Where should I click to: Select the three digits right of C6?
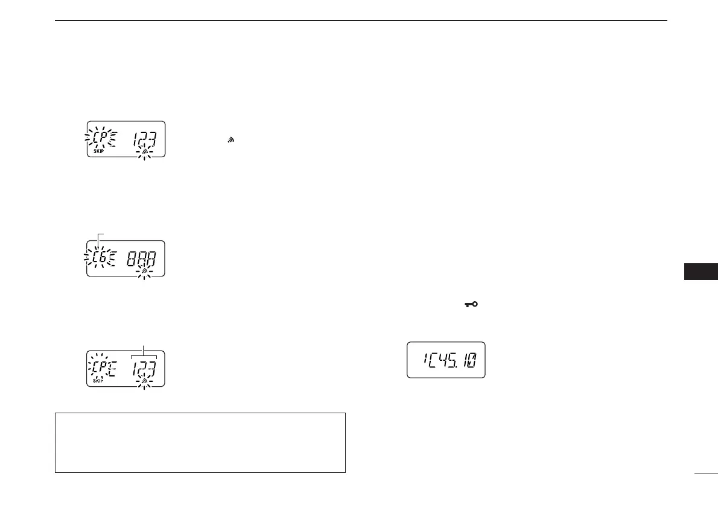(141, 260)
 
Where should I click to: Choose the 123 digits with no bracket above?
(144, 138)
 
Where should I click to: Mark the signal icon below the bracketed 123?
(144, 381)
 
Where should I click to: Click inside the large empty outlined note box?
(200, 442)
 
